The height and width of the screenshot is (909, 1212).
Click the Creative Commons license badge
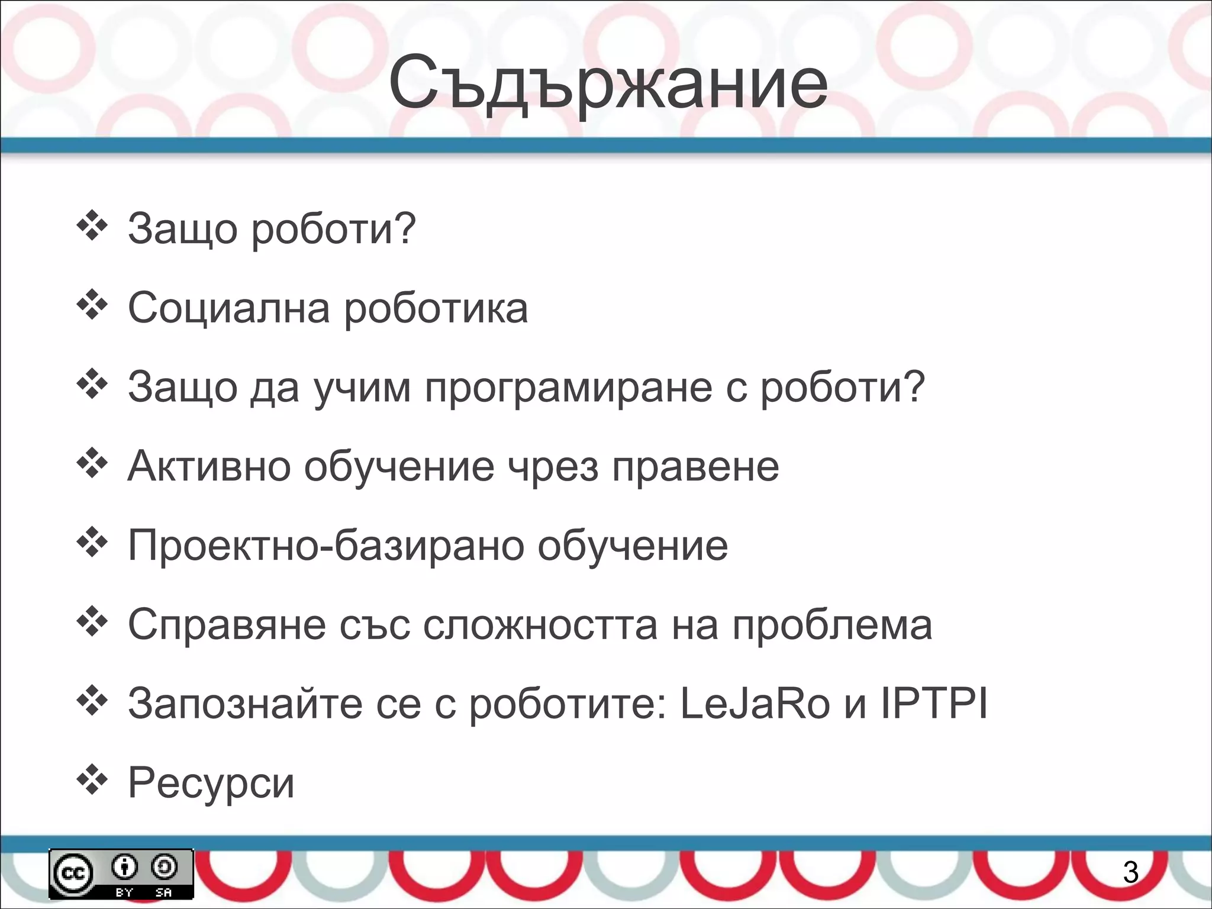121,873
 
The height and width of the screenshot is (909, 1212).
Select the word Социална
228,308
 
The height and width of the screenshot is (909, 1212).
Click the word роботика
436,308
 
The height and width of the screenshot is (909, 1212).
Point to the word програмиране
568,388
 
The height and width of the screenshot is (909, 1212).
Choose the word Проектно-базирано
325,546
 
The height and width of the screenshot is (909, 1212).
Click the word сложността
540,625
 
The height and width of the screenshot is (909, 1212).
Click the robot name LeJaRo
755,704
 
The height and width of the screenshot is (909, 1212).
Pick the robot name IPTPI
934,704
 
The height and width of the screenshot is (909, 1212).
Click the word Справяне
227,625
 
